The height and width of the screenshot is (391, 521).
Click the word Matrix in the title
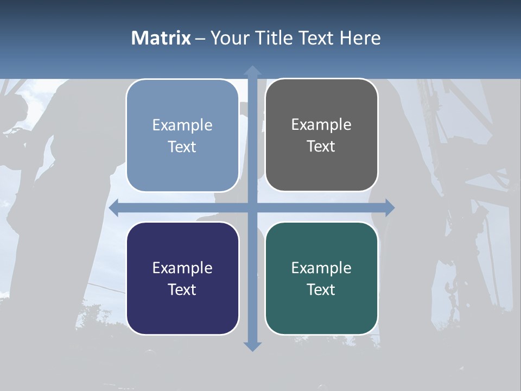tap(161, 38)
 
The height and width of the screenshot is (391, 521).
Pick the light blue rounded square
tap(182, 135)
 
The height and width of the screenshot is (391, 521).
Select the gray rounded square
tap(321, 135)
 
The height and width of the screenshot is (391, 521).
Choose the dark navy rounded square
tap(182, 278)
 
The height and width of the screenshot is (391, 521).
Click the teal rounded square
tap(321, 278)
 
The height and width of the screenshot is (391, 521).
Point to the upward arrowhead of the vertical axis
tap(252, 71)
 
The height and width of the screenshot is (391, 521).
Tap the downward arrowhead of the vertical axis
tap(252, 346)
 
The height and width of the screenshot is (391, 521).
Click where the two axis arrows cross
tap(252, 207)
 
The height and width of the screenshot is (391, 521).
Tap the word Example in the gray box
tap(321, 124)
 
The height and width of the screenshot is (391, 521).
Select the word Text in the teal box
tap(321, 289)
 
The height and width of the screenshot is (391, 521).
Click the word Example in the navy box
tap(182, 268)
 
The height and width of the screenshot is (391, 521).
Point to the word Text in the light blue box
tap(182, 147)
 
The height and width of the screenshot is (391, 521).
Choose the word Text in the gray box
tap(321, 146)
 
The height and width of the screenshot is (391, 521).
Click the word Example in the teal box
tap(321, 268)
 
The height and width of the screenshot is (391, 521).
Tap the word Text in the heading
tap(317, 38)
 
